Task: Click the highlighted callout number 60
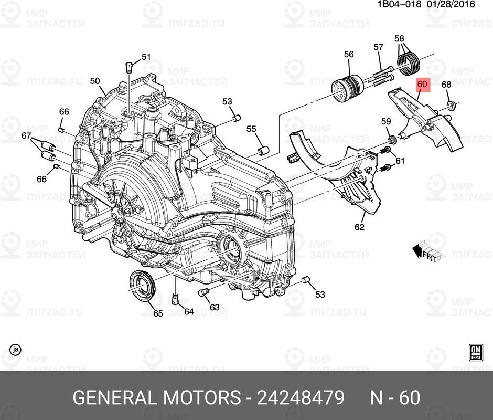(423, 84)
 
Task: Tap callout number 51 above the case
(145, 57)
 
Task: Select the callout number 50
(94, 81)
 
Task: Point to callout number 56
(349, 54)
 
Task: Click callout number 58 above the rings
(399, 38)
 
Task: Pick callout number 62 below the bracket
(359, 227)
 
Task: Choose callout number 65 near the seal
(158, 313)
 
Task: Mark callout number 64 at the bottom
(189, 311)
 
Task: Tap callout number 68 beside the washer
(446, 85)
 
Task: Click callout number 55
(251, 129)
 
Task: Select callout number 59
(386, 122)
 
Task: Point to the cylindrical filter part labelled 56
(347, 88)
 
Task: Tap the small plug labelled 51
(128, 67)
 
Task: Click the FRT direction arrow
(424, 251)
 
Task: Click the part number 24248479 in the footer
(300, 397)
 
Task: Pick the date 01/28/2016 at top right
(452, 4)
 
